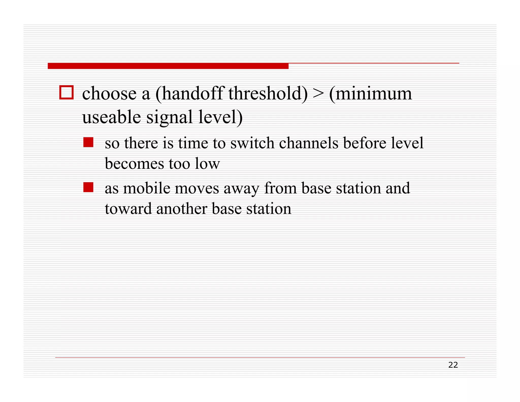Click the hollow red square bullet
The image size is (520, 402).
(x=67, y=92)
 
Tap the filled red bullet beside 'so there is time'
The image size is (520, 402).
(x=88, y=142)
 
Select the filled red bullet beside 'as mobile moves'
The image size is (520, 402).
(x=88, y=187)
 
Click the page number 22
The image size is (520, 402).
(x=453, y=365)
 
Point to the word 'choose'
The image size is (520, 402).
(x=109, y=94)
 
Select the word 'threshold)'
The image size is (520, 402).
(x=268, y=94)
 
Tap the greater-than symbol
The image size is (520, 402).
(x=318, y=94)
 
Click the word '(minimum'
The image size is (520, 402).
(x=370, y=94)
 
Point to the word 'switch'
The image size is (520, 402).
(x=252, y=143)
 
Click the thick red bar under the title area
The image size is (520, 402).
(x=168, y=66)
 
